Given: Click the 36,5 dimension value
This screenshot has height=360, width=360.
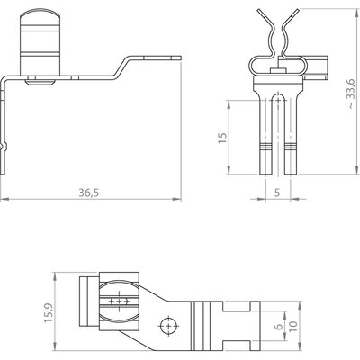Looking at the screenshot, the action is click(88, 193).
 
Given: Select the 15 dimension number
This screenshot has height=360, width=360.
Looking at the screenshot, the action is click(222, 138).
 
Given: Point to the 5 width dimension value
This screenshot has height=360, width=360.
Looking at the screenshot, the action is click(277, 193).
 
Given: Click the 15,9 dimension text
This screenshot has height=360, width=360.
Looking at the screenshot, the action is click(49, 312).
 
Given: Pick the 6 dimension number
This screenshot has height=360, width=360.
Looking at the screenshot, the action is click(279, 326).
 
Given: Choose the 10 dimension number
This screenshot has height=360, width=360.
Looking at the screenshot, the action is click(293, 326).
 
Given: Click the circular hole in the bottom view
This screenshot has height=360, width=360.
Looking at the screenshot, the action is click(169, 326).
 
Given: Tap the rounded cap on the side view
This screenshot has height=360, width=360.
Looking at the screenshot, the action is click(40, 16).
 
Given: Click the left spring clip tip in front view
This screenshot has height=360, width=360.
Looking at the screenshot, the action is click(260, 12).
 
